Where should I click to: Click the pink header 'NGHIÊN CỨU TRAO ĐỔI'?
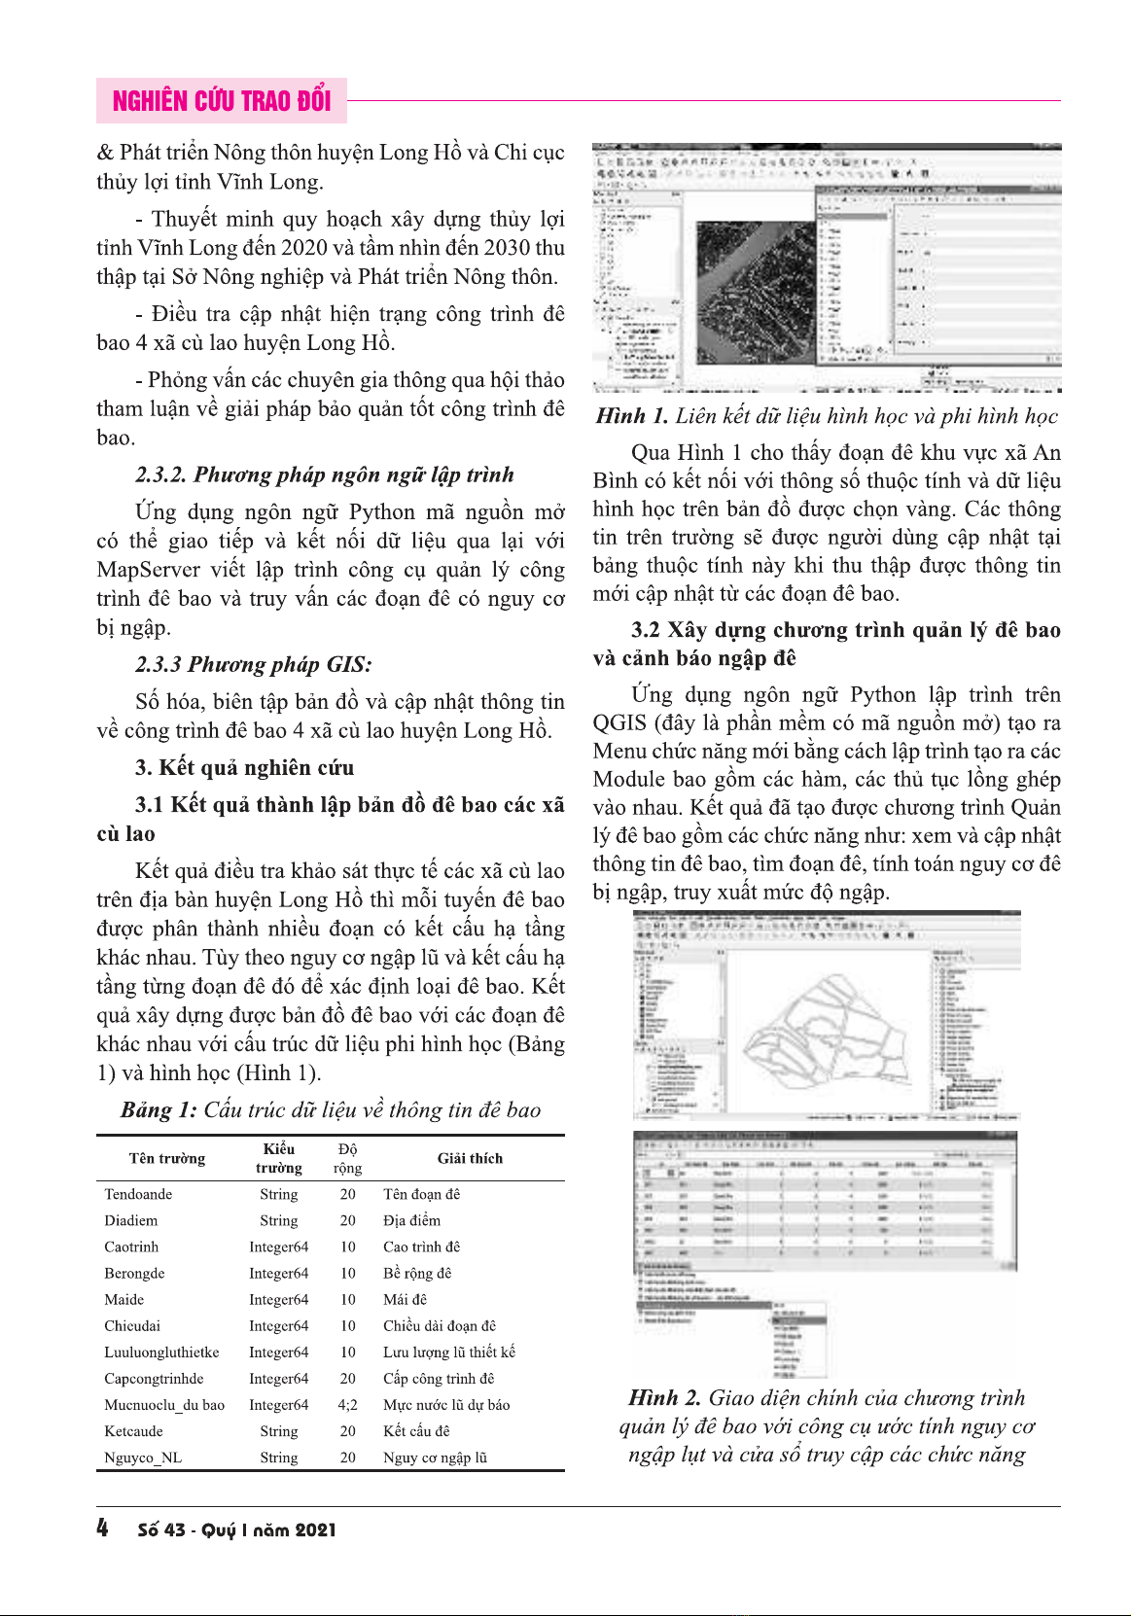pyautogui.click(x=222, y=101)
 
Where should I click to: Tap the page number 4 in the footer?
pyautogui.click(x=103, y=1528)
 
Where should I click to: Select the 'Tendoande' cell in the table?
pyautogui.click(x=138, y=1194)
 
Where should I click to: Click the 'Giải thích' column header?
pyautogui.click(x=470, y=1158)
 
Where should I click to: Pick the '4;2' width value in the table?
pyautogui.click(x=347, y=1405)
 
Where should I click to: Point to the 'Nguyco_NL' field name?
pyautogui.click(x=143, y=1458)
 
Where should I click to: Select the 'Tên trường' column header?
pyautogui.click(x=167, y=1158)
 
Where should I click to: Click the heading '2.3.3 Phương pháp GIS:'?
pyautogui.click(x=253, y=665)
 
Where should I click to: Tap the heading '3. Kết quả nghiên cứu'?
pyautogui.click(x=244, y=768)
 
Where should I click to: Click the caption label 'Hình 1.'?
pyautogui.click(x=631, y=416)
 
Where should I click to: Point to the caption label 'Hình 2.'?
pyautogui.click(x=664, y=1398)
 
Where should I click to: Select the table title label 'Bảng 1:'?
pyautogui.click(x=159, y=1110)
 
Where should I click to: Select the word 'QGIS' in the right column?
pyautogui.click(x=619, y=723)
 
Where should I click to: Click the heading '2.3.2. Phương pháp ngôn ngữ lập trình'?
pyautogui.click(x=324, y=475)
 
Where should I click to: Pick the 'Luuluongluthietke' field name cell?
pyautogui.click(x=161, y=1353)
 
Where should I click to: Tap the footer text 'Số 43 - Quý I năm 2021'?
pyautogui.click(x=236, y=1529)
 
